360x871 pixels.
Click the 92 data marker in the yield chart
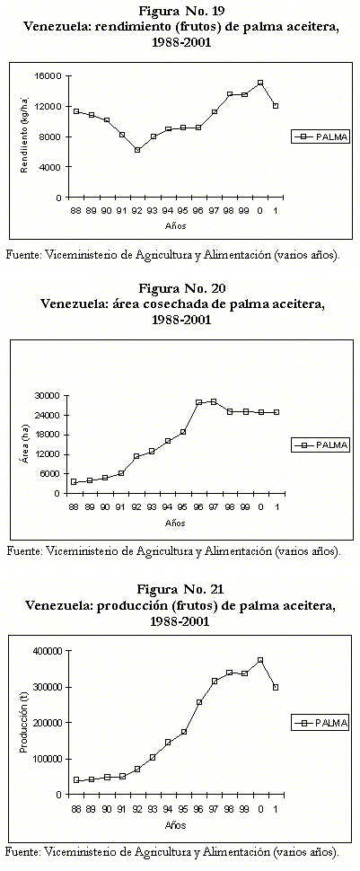137,150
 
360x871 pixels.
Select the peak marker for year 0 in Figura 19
260,83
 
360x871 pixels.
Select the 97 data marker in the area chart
214,401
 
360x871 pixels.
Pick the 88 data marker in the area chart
74,481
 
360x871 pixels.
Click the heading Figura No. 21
180,588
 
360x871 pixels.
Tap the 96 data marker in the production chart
199,702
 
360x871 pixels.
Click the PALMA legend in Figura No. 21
320,722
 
